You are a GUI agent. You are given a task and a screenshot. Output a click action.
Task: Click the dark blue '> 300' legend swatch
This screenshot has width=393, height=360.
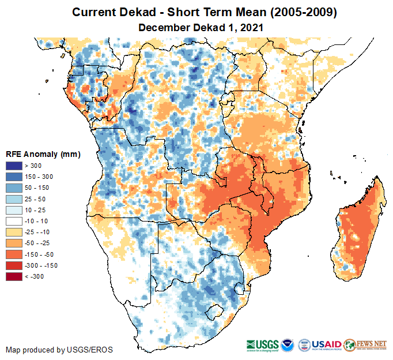tap(14, 166)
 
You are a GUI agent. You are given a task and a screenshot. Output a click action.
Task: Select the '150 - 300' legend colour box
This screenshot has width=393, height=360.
tap(14, 177)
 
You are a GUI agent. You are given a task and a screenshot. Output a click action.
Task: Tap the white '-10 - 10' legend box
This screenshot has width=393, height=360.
tap(14, 221)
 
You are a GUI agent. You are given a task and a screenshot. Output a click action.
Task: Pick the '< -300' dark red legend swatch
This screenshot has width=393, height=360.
tap(14, 276)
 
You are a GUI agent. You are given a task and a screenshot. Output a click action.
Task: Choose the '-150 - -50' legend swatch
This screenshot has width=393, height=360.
tap(14, 254)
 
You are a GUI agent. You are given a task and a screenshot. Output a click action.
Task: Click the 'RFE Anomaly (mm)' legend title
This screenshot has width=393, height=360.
tap(43, 154)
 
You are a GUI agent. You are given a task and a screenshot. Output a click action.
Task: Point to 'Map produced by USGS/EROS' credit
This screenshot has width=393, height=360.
tap(59, 350)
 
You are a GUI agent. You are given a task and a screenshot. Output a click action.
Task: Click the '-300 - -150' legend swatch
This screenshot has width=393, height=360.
tap(14, 265)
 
